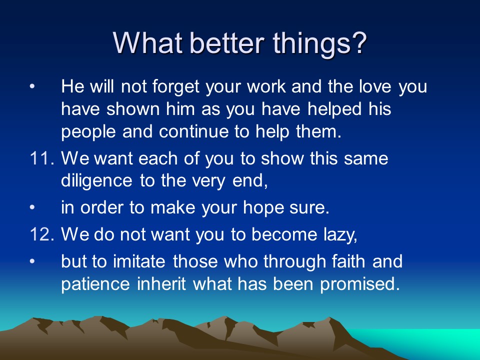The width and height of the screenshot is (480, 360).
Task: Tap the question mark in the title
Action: tap(358, 42)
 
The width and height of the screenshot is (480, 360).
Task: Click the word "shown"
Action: tap(133, 109)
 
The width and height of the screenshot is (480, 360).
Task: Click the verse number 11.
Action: tap(42, 159)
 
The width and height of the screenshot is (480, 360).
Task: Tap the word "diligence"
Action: tap(96, 180)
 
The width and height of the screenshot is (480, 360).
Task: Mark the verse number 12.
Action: tap(42, 234)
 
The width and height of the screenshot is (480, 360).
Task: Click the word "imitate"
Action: tap(139, 261)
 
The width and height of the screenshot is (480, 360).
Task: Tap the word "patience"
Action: tap(95, 284)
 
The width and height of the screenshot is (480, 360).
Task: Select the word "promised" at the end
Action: tap(359, 284)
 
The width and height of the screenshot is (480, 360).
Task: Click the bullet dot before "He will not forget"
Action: tap(32, 86)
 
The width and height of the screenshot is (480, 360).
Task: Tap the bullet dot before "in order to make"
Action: tap(32, 207)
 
